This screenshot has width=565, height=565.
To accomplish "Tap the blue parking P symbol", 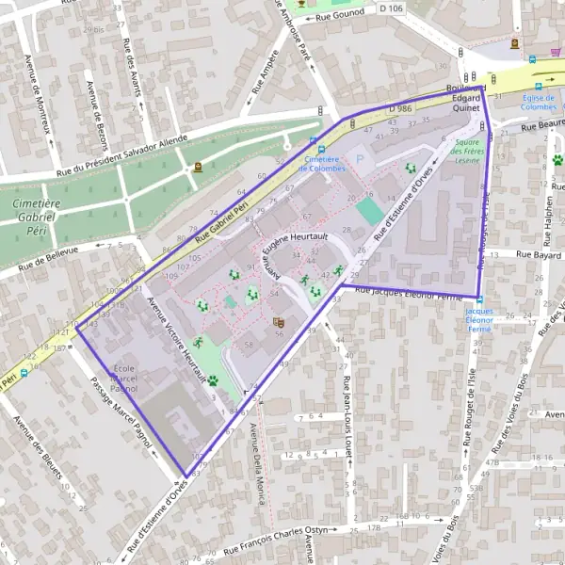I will tap(358, 159).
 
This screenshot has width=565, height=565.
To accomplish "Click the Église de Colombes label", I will tap(541, 102).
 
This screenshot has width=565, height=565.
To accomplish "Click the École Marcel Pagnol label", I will tap(124, 377).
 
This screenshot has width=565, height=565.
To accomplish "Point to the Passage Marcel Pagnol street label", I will tap(122, 415).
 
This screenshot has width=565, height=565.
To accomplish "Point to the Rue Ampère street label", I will tap(263, 77).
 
